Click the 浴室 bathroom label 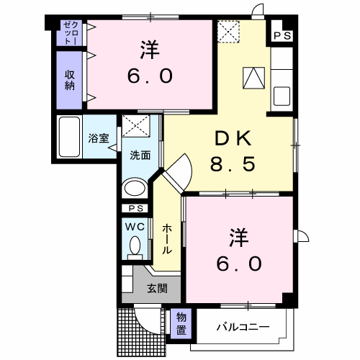point(99,138)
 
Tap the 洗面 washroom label point(139,155)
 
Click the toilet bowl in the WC point(134,248)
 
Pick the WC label point(135,226)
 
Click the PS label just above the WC point(134,208)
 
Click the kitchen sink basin point(281,96)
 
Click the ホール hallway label point(166,238)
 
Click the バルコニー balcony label point(243,328)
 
